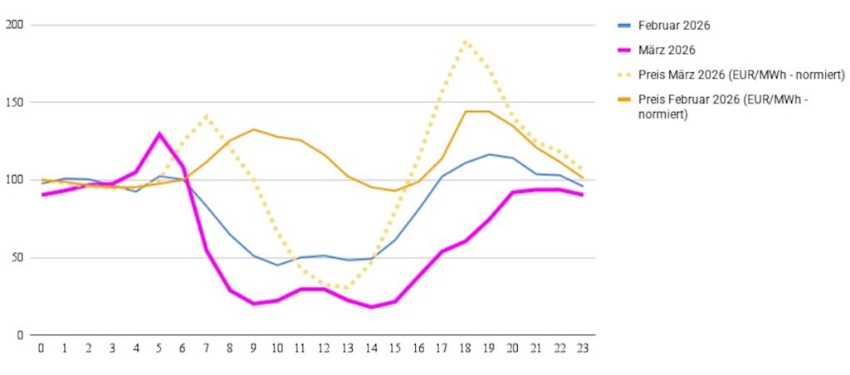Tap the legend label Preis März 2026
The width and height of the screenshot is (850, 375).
coord(741,75)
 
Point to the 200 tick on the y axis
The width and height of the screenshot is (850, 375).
coord(13,26)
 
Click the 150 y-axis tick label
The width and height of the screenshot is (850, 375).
coord(13,103)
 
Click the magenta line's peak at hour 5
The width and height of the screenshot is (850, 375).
coord(159,134)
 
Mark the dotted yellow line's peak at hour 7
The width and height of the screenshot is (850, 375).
coord(207,115)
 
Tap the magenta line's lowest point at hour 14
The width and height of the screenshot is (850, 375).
coord(372,307)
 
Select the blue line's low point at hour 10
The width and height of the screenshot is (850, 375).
coord(278,265)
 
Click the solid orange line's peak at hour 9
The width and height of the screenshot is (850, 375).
coord(254,129)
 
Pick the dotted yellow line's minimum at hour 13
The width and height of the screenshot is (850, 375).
coord(349,288)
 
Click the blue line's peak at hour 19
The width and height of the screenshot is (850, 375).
coord(491,154)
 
